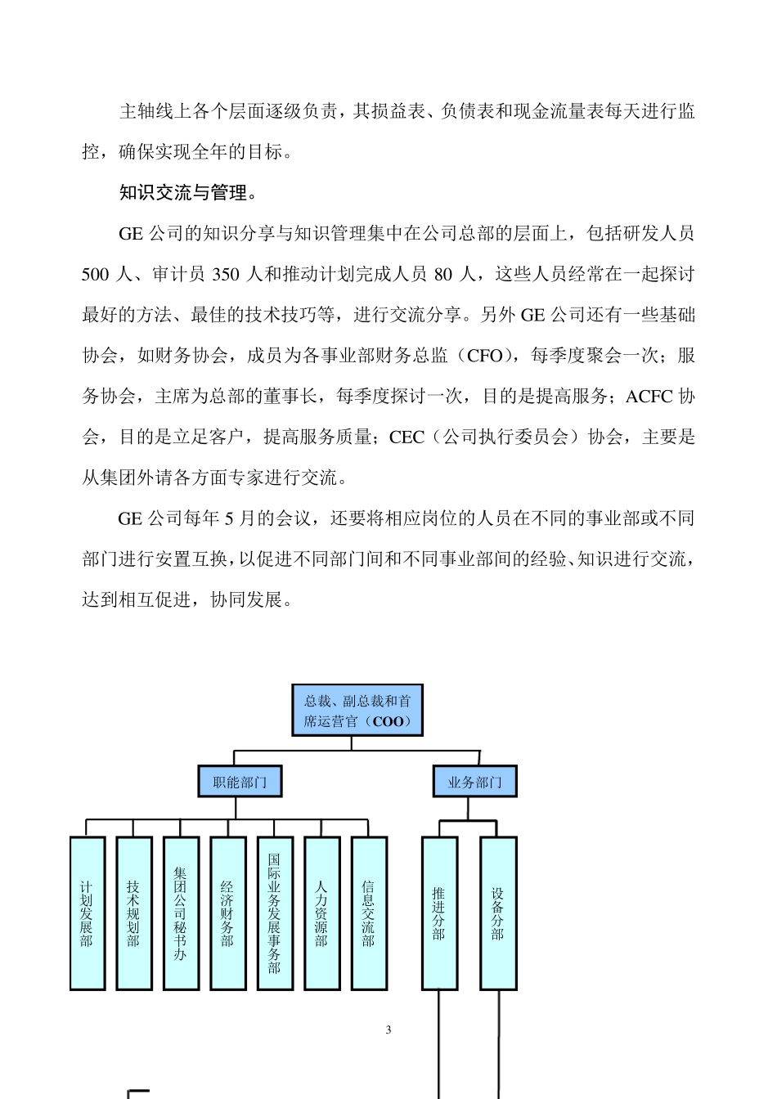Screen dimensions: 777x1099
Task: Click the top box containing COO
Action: point(357,711)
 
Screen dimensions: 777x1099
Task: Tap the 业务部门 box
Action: point(474,782)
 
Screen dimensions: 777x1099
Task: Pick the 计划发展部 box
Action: point(88,913)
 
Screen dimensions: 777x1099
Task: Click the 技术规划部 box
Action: point(134,913)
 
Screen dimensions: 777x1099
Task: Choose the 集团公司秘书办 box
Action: point(181,913)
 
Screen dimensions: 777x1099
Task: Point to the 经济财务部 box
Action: point(228,913)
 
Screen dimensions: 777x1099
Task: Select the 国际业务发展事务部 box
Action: point(275,913)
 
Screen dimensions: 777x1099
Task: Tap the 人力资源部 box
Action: point(322,913)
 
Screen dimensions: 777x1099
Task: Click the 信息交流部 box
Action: point(369,913)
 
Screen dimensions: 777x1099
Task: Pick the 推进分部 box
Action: point(439,913)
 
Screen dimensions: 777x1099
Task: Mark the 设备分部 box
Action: point(498,913)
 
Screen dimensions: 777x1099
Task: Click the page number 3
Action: point(388,1029)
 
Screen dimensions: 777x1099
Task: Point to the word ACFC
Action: point(649,397)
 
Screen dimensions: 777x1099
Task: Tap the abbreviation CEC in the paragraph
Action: point(406,437)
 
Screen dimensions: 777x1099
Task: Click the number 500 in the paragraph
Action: point(95,275)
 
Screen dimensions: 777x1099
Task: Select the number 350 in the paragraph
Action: point(226,275)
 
